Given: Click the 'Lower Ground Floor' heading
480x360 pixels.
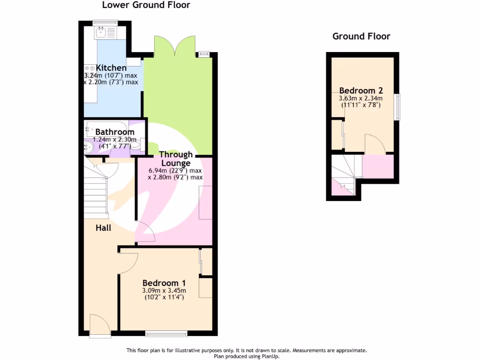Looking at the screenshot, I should (146, 5).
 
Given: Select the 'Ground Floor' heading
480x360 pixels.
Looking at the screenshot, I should (361, 37).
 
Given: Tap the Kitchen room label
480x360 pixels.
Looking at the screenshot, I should (111, 68).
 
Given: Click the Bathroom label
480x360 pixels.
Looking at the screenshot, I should (114, 132).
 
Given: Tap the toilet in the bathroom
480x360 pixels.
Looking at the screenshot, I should (135, 146).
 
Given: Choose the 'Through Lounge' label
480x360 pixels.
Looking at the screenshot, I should (176, 158).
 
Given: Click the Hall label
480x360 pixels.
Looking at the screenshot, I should (103, 228).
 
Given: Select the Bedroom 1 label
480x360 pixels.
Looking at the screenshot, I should (164, 283).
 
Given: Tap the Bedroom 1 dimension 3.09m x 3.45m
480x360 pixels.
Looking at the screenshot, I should (164, 290).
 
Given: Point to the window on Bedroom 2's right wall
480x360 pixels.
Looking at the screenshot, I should (397, 107).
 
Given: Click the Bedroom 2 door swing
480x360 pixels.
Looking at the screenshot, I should (375, 144).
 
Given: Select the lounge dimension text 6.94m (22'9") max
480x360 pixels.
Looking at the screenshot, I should (175, 171).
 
